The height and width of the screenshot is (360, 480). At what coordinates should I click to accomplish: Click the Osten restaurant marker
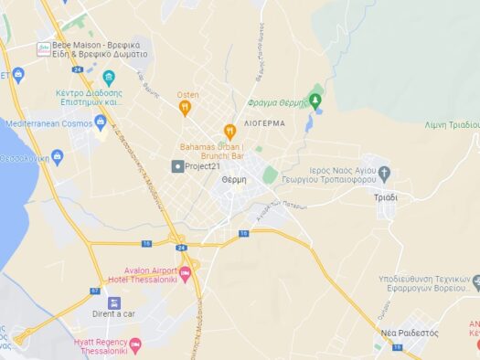tap(185, 109)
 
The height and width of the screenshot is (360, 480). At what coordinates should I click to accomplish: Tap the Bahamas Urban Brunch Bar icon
tap(229, 132)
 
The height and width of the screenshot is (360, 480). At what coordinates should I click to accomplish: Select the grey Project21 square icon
tap(177, 166)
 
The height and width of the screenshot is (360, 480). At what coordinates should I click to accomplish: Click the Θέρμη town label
tap(234, 181)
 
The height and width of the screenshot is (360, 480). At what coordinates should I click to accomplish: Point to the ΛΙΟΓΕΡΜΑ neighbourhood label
tap(266, 122)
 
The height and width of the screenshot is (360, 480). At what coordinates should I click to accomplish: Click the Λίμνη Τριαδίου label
tap(452, 124)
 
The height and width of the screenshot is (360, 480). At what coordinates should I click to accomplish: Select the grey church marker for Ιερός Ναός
tap(384, 172)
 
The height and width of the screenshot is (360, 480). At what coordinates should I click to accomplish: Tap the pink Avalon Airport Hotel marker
tap(186, 273)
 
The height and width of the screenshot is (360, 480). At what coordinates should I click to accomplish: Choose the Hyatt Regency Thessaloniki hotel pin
tap(136, 345)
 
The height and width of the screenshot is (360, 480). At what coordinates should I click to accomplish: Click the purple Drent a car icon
tap(113, 302)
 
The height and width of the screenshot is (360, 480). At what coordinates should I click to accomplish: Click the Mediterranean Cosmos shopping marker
tap(101, 122)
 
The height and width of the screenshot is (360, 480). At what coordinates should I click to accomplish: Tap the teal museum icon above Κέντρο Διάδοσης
tap(109, 78)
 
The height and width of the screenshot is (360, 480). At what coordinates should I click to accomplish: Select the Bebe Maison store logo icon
tap(43, 48)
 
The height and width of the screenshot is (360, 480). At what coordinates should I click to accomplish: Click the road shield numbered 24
tap(181, 248)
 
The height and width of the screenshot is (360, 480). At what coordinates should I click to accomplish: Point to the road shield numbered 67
tap(94, 291)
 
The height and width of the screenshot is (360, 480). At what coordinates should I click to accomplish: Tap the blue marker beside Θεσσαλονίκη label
tap(58, 157)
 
